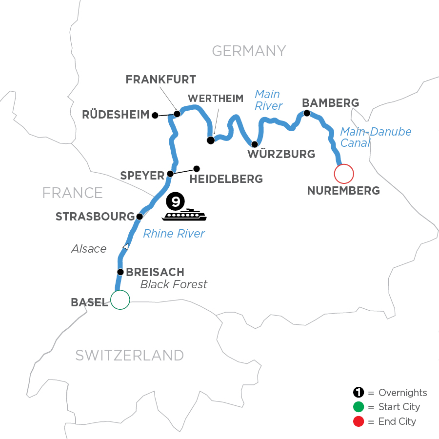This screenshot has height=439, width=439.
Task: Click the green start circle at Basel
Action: pos(120,300)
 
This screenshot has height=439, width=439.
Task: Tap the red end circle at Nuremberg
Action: pos(343,173)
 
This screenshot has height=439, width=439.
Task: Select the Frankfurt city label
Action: pos(161,80)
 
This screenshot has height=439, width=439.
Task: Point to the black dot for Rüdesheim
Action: pos(155,116)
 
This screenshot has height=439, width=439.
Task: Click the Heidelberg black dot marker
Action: pos(197,169)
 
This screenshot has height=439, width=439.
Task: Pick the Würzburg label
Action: pos(281,155)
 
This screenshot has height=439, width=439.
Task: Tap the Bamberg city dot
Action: pos(307,113)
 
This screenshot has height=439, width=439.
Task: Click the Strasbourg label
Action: pos(95,217)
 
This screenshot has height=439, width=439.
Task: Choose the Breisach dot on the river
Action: pos(120,272)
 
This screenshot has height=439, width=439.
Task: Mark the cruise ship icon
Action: pos(185,215)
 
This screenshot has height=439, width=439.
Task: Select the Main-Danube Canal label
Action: pos(375,137)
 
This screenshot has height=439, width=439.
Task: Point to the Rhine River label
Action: pos(174,234)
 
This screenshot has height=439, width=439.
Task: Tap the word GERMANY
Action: pos(248,51)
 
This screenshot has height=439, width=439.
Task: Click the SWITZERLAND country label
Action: pos(129,355)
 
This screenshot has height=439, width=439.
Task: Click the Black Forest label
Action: pos(174,284)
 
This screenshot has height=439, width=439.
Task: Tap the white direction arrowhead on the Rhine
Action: pos(126,247)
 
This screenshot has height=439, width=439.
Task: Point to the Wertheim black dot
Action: pos(211,140)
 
